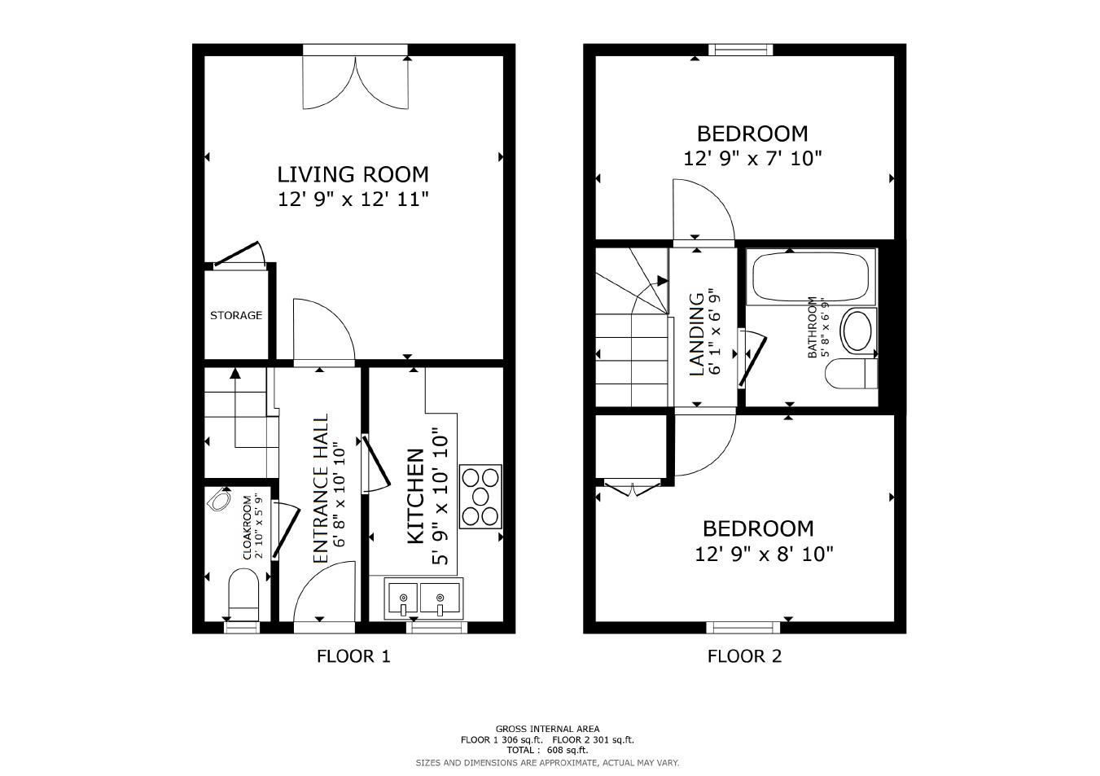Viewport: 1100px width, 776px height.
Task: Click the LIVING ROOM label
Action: (353, 174)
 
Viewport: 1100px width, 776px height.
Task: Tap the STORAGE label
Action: (236, 315)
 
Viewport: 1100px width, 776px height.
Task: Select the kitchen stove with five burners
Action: (480, 497)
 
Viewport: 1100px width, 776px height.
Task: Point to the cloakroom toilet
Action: (243, 594)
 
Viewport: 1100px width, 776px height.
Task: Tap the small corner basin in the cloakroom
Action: (220, 500)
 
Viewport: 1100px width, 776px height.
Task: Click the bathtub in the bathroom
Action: (811, 277)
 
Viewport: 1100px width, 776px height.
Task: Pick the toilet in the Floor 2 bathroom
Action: (851, 373)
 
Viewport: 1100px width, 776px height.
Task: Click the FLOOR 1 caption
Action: (353, 656)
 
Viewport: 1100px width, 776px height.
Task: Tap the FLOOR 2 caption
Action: (744, 656)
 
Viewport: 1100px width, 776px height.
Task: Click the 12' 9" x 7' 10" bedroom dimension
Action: (752, 159)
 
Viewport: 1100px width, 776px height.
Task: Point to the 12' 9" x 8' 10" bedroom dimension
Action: (764, 555)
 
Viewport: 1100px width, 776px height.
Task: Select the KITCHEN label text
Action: (416, 496)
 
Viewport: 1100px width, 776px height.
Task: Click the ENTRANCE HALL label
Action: (320, 489)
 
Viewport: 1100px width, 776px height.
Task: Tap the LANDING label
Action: (697, 335)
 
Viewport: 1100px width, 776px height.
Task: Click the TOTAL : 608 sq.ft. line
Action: (547, 750)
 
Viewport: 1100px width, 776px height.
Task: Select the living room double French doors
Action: (356, 82)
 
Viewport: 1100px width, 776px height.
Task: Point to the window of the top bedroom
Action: (741, 50)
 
